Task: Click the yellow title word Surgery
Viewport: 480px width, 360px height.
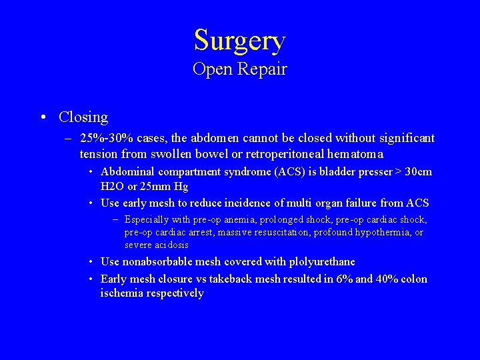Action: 240,40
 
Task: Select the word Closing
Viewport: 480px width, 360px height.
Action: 83,117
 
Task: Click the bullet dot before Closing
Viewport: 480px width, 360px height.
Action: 43,118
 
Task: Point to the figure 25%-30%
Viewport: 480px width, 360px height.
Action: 106,138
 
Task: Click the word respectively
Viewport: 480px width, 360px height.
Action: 173,293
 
